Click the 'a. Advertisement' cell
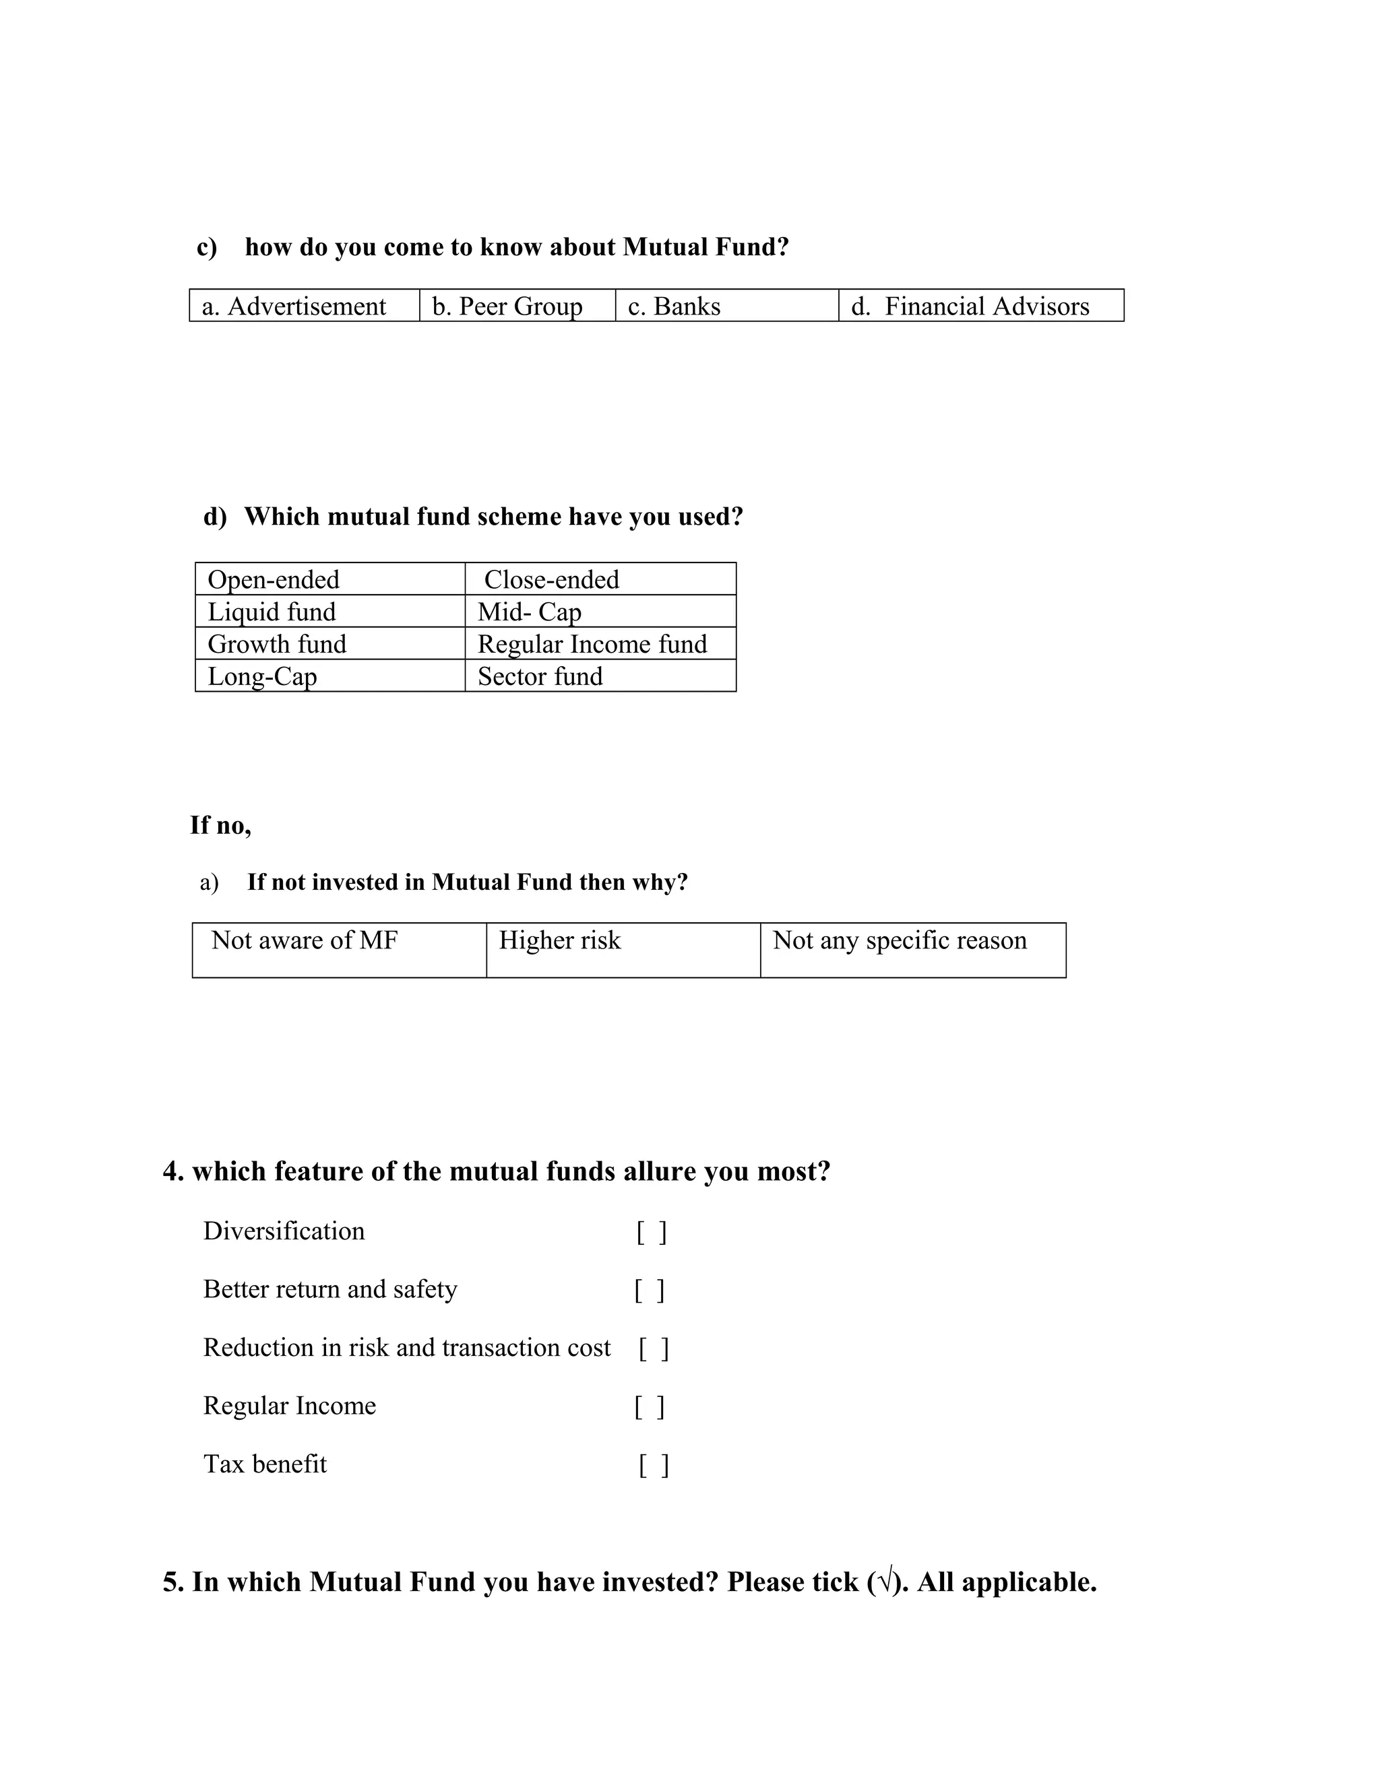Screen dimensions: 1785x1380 point(304,306)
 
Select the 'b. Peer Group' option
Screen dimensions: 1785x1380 point(517,306)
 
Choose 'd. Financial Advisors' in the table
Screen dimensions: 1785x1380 point(980,306)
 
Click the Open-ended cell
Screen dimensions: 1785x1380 point(330,579)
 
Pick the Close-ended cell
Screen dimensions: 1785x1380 point(600,579)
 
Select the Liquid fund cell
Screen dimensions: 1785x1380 point(330,612)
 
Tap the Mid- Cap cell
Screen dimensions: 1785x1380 point(600,612)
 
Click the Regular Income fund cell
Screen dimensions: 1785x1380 point(600,643)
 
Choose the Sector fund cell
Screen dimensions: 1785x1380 point(600,676)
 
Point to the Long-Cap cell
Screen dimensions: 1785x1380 point(330,676)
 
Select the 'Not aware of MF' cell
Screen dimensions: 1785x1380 point(340,950)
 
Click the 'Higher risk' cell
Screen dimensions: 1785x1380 point(623,950)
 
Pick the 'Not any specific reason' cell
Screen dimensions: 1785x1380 point(912,950)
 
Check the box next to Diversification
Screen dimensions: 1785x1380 point(652,1232)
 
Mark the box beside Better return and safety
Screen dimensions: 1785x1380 point(649,1291)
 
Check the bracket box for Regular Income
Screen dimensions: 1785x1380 point(649,1406)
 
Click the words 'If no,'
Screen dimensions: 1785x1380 point(221,826)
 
